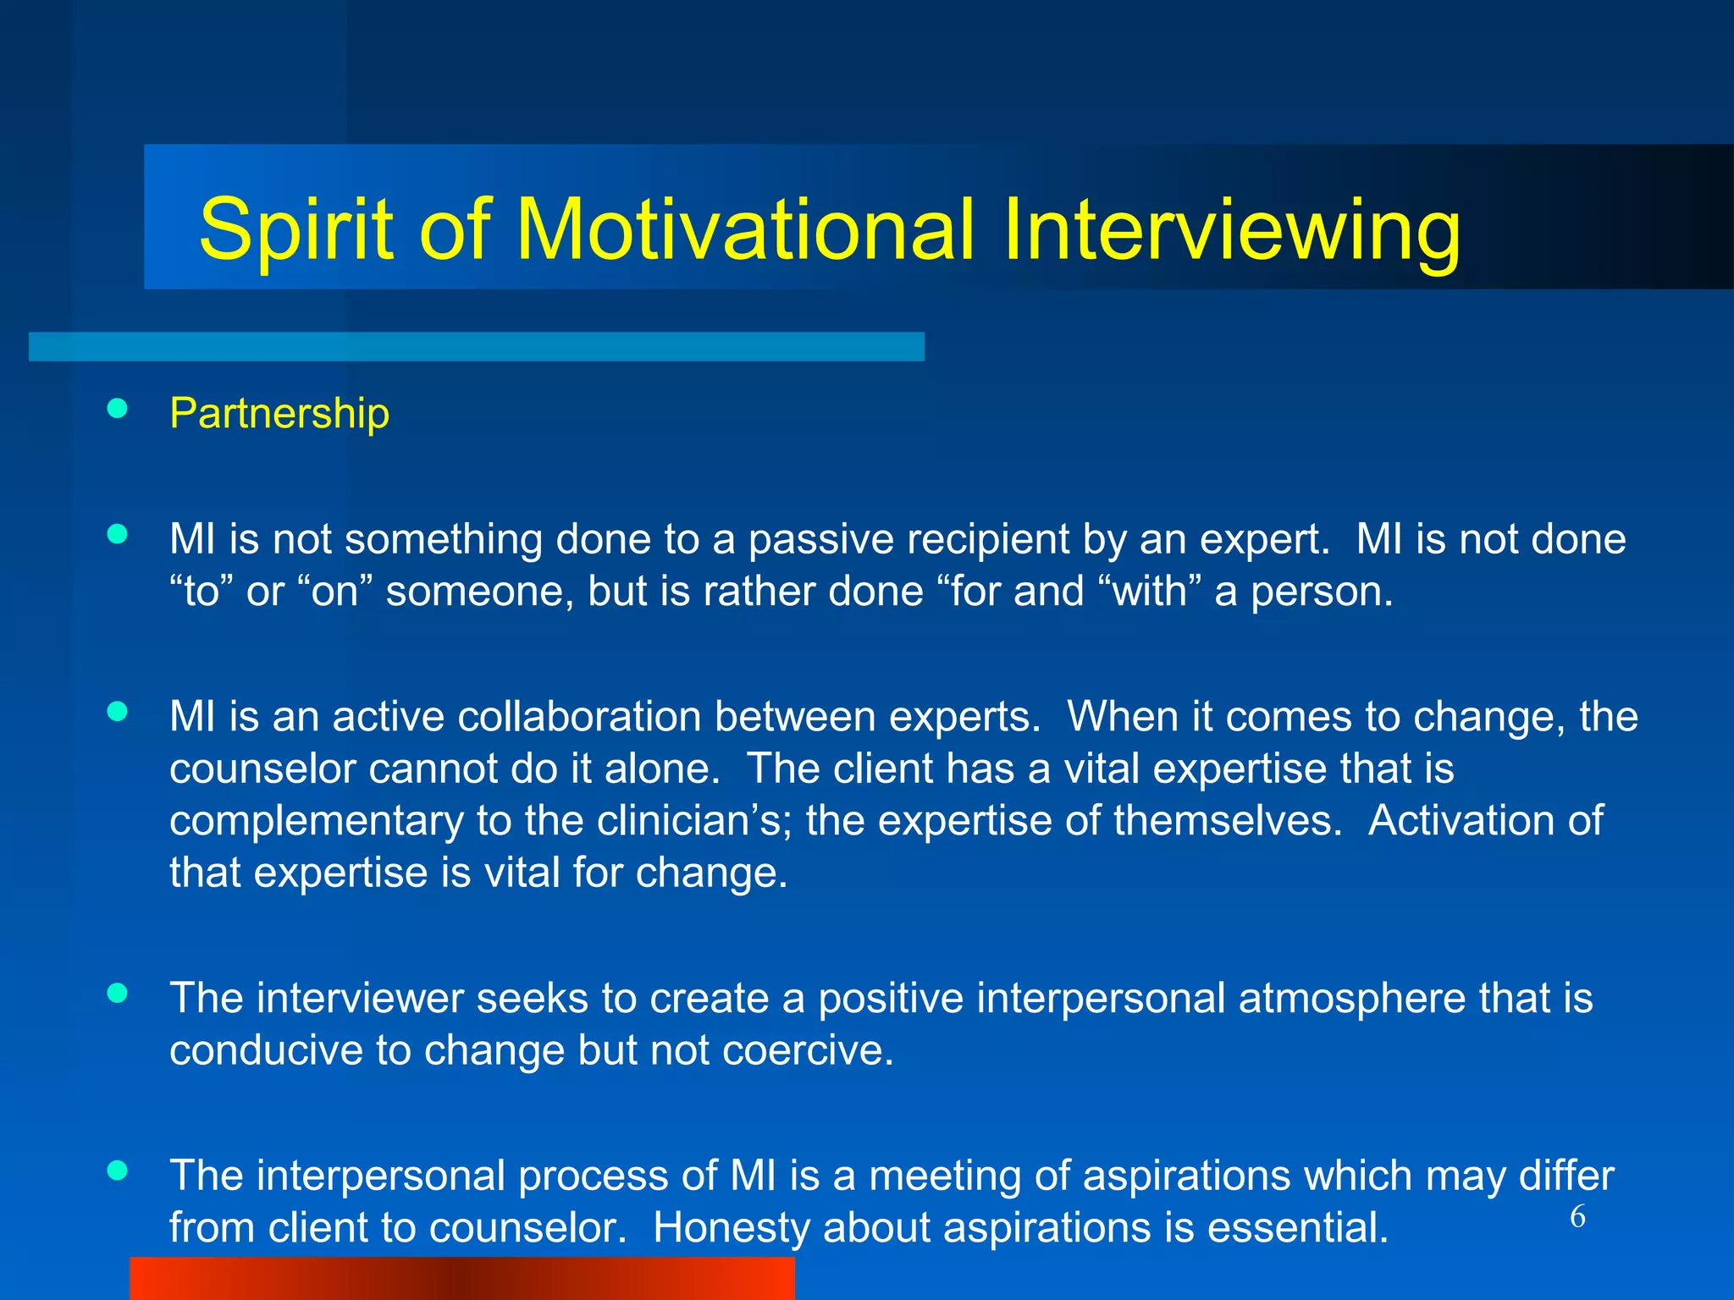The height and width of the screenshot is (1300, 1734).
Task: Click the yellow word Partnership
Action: (279, 414)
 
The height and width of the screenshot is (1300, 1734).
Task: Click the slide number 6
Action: (1577, 1217)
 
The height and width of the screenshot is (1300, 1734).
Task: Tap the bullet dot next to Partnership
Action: (118, 410)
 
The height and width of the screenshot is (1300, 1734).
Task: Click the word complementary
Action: (316, 821)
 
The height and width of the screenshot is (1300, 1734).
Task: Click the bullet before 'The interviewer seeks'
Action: (118, 993)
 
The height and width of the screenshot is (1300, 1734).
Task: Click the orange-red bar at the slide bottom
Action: (461, 1278)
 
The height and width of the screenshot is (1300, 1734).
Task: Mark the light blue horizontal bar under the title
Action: (476, 347)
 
